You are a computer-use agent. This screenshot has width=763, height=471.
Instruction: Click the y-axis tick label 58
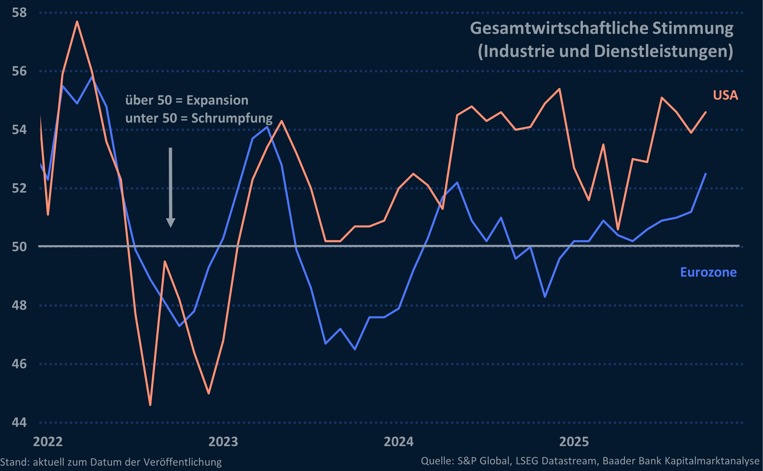pos(19,13)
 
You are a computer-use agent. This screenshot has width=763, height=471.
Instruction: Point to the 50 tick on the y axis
pos(19,247)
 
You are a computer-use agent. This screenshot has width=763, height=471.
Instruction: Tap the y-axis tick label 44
pos(19,422)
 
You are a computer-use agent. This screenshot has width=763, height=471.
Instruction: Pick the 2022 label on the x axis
pos(48,442)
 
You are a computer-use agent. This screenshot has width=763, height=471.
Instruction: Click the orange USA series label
pos(725,95)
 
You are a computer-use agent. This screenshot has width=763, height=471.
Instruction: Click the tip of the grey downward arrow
pos(170,227)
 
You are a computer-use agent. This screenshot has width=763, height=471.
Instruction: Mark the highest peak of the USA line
pos(77,21)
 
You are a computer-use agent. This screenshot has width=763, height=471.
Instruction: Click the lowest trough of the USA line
pos(150,405)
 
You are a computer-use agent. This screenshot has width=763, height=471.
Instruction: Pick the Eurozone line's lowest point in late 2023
pos(355,349)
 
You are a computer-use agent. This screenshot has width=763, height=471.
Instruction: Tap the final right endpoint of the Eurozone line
pos(706,174)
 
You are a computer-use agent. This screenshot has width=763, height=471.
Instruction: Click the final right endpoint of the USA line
pos(706,112)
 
